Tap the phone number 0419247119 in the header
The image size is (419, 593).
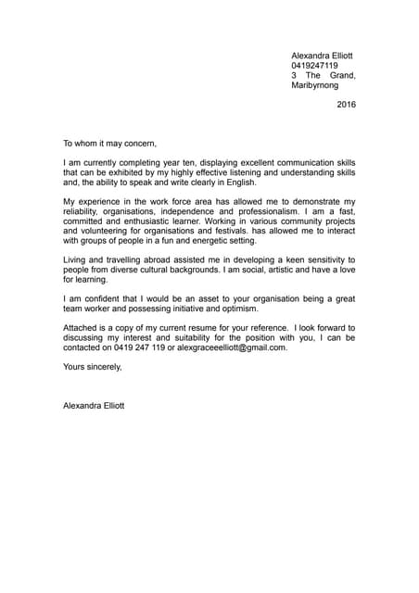(x=314, y=66)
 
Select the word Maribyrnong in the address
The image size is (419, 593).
(x=315, y=85)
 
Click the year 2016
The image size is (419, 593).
(x=346, y=105)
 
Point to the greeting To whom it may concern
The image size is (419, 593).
(x=110, y=143)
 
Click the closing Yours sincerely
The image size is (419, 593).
(x=92, y=367)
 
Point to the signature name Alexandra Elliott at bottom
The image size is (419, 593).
(x=94, y=405)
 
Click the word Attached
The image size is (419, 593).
(x=82, y=328)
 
